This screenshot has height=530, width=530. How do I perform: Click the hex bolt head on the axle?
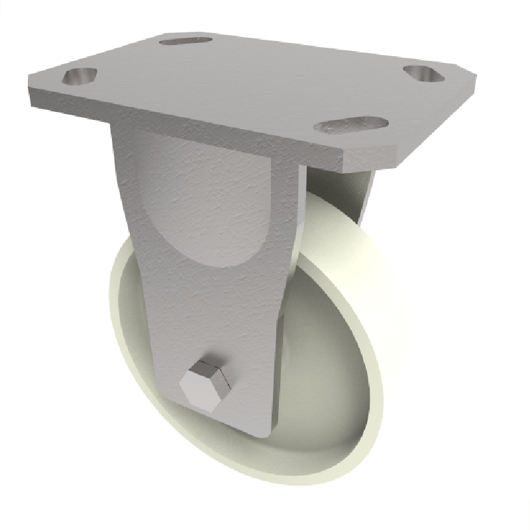(204, 388)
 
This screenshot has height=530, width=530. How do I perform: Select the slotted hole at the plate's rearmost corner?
(185, 40)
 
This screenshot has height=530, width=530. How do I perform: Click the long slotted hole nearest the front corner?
(350, 125)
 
